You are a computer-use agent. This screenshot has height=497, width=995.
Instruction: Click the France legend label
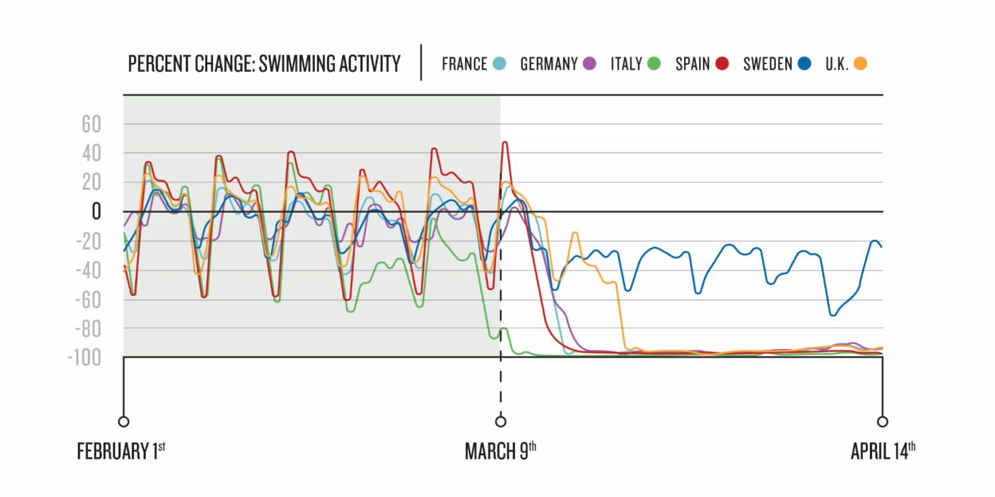point(464,64)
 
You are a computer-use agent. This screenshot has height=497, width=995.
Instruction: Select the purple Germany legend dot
point(589,64)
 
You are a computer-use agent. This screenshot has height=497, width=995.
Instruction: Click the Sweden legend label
point(768,64)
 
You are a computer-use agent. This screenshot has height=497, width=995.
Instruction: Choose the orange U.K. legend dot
point(860,64)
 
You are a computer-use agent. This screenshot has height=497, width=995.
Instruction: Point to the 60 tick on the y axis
point(91,124)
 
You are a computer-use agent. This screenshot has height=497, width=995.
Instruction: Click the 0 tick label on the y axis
point(97,211)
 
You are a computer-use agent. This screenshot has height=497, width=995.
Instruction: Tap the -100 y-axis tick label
point(84,357)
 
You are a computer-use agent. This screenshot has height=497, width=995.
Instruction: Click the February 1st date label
point(121,450)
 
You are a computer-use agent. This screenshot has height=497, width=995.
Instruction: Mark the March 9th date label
point(500,450)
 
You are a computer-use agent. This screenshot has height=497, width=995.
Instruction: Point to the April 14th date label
point(882,450)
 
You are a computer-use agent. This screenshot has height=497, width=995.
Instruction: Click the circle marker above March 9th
point(500,422)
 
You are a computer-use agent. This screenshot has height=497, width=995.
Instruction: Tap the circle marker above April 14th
point(882,422)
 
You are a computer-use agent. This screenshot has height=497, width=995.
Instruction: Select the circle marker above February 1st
point(123,422)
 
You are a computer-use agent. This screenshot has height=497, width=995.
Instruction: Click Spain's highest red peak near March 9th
point(505,143)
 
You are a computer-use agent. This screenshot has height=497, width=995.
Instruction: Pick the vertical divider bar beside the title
point(421,62)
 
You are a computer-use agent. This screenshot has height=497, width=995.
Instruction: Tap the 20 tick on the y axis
point(91,183)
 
